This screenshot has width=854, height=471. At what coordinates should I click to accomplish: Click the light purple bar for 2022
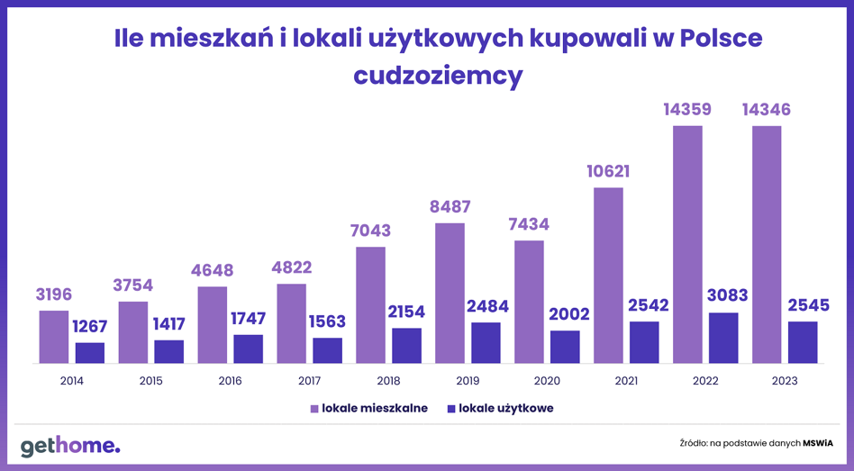point(687,244)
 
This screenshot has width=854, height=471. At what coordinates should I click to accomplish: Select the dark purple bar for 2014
point(90,353)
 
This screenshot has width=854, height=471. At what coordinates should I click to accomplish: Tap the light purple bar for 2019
point(450,293)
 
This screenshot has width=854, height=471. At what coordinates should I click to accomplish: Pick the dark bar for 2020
point(565,347)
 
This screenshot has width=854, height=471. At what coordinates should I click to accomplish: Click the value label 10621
point(608,171)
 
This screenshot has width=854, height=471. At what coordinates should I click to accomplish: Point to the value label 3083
point(727,295)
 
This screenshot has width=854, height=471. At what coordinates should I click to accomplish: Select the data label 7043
point(370,231)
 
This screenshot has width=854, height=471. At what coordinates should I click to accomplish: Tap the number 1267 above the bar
point(90,326)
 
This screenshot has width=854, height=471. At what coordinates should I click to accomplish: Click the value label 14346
point(767,110)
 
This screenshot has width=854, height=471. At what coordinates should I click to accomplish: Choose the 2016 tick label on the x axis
point(230,381)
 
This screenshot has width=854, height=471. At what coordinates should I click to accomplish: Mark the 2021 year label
point(626,381)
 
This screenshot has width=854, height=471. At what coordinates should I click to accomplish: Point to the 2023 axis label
point(785,381)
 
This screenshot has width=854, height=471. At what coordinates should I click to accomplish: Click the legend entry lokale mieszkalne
point(368,408)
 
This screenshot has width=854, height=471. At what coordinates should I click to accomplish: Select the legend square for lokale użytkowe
point(451,408)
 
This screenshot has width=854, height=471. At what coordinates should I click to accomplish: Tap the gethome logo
point(70,446)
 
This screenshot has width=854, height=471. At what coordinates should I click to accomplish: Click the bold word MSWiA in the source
point(818,443)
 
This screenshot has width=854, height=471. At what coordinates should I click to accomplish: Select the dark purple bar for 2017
point(327,350)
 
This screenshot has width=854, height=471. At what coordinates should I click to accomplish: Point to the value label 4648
point(213,270)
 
